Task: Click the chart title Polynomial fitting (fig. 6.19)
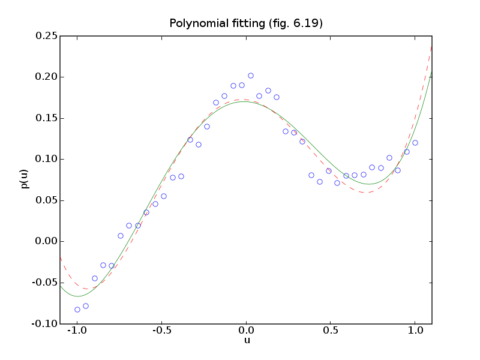tap(246, 24)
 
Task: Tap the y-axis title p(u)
tap(25, 179)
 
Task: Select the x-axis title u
tap(246, 341)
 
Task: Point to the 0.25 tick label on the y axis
tap(46, 36)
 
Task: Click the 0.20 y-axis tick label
tap(46, 77)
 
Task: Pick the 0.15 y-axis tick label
tap(46, 118)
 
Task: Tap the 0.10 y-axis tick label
tap(46, 159)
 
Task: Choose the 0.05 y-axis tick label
tap(46, 200)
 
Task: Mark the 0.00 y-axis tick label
tap(46, 241)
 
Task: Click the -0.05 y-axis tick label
tap(44, 283)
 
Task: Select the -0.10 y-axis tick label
tap(44, 323)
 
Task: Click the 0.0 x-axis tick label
tap(246, 332)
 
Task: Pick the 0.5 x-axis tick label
tap(331, 332)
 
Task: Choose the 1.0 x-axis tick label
tap(415, 332)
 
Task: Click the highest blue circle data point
tap(251, 76)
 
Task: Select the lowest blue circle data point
tap(77, 310)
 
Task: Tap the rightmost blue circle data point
tap(415, 143)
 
